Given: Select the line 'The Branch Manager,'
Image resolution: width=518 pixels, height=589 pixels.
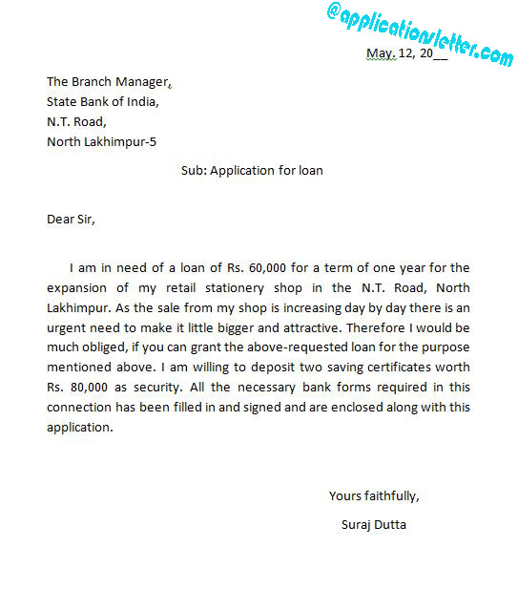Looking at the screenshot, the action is pos(110,82).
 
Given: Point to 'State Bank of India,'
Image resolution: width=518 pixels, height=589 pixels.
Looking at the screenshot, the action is pos(103,102).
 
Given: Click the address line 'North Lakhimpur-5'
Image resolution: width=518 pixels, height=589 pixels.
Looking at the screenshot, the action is pos(102,142).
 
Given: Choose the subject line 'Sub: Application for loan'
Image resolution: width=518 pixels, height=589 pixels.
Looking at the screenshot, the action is pos(252,171).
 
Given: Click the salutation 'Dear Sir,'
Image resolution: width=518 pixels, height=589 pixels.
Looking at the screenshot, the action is pos(72,219).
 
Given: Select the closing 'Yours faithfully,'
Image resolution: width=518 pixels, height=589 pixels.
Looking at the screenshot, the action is pos(374,495).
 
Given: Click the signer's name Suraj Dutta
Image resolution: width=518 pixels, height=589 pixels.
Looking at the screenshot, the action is pos(373,524).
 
